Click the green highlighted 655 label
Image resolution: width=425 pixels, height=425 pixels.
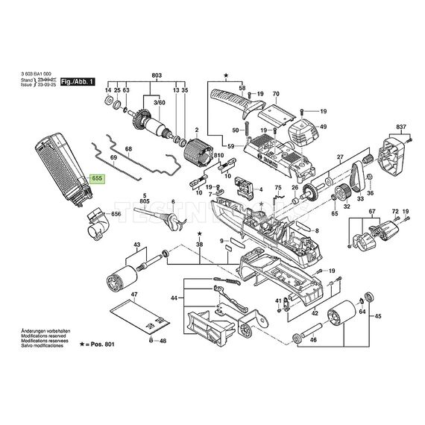click(x=98, y=178)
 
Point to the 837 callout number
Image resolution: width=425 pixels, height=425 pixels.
click(x=400, y=127)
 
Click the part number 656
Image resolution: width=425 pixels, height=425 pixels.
click(x=116, y=214)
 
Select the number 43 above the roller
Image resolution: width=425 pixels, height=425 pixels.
click(x=136, y=245)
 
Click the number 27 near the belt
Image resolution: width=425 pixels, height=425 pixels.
click(x=340, y=157)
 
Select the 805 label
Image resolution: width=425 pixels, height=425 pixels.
click(x=144, y=201)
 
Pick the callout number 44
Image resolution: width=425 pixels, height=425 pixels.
click(x=173, y=297)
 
